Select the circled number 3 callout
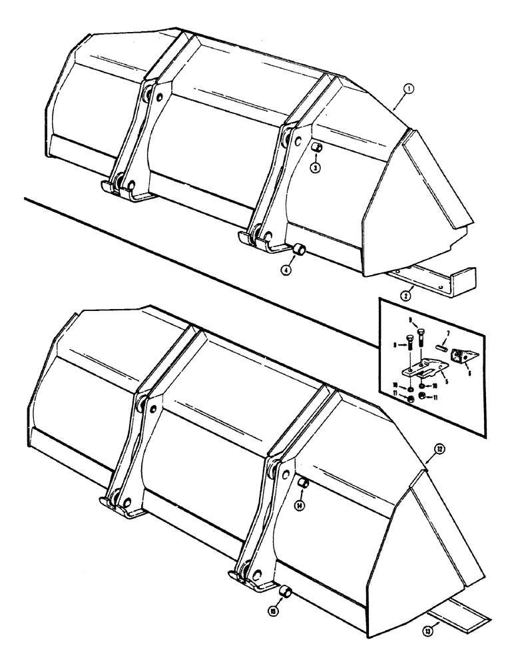coord(317,167)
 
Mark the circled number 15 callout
coord(274,609)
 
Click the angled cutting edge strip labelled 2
coord(433,276)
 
